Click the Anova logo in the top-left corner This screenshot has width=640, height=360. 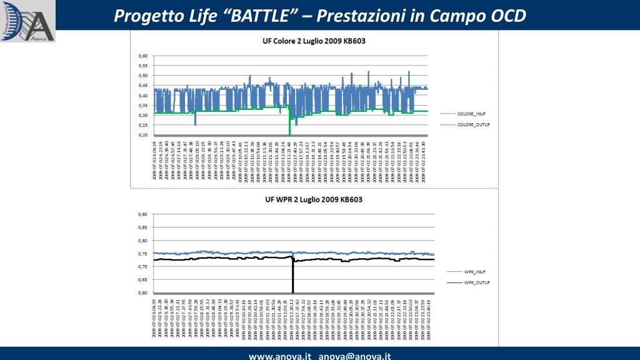tap(27, 21)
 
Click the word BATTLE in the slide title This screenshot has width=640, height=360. tap(262, 16)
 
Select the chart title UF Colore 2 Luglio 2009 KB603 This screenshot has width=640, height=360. tap(313, 41)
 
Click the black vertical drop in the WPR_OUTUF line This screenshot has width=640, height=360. tap(292, 278)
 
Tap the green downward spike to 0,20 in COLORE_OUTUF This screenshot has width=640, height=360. tap(289, 128)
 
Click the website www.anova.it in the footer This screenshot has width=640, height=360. tap(280, 356)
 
